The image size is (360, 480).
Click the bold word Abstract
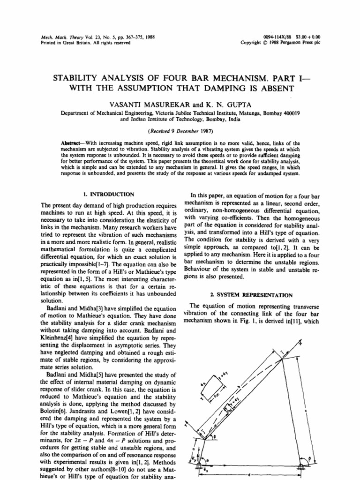(x=71, y=142)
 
